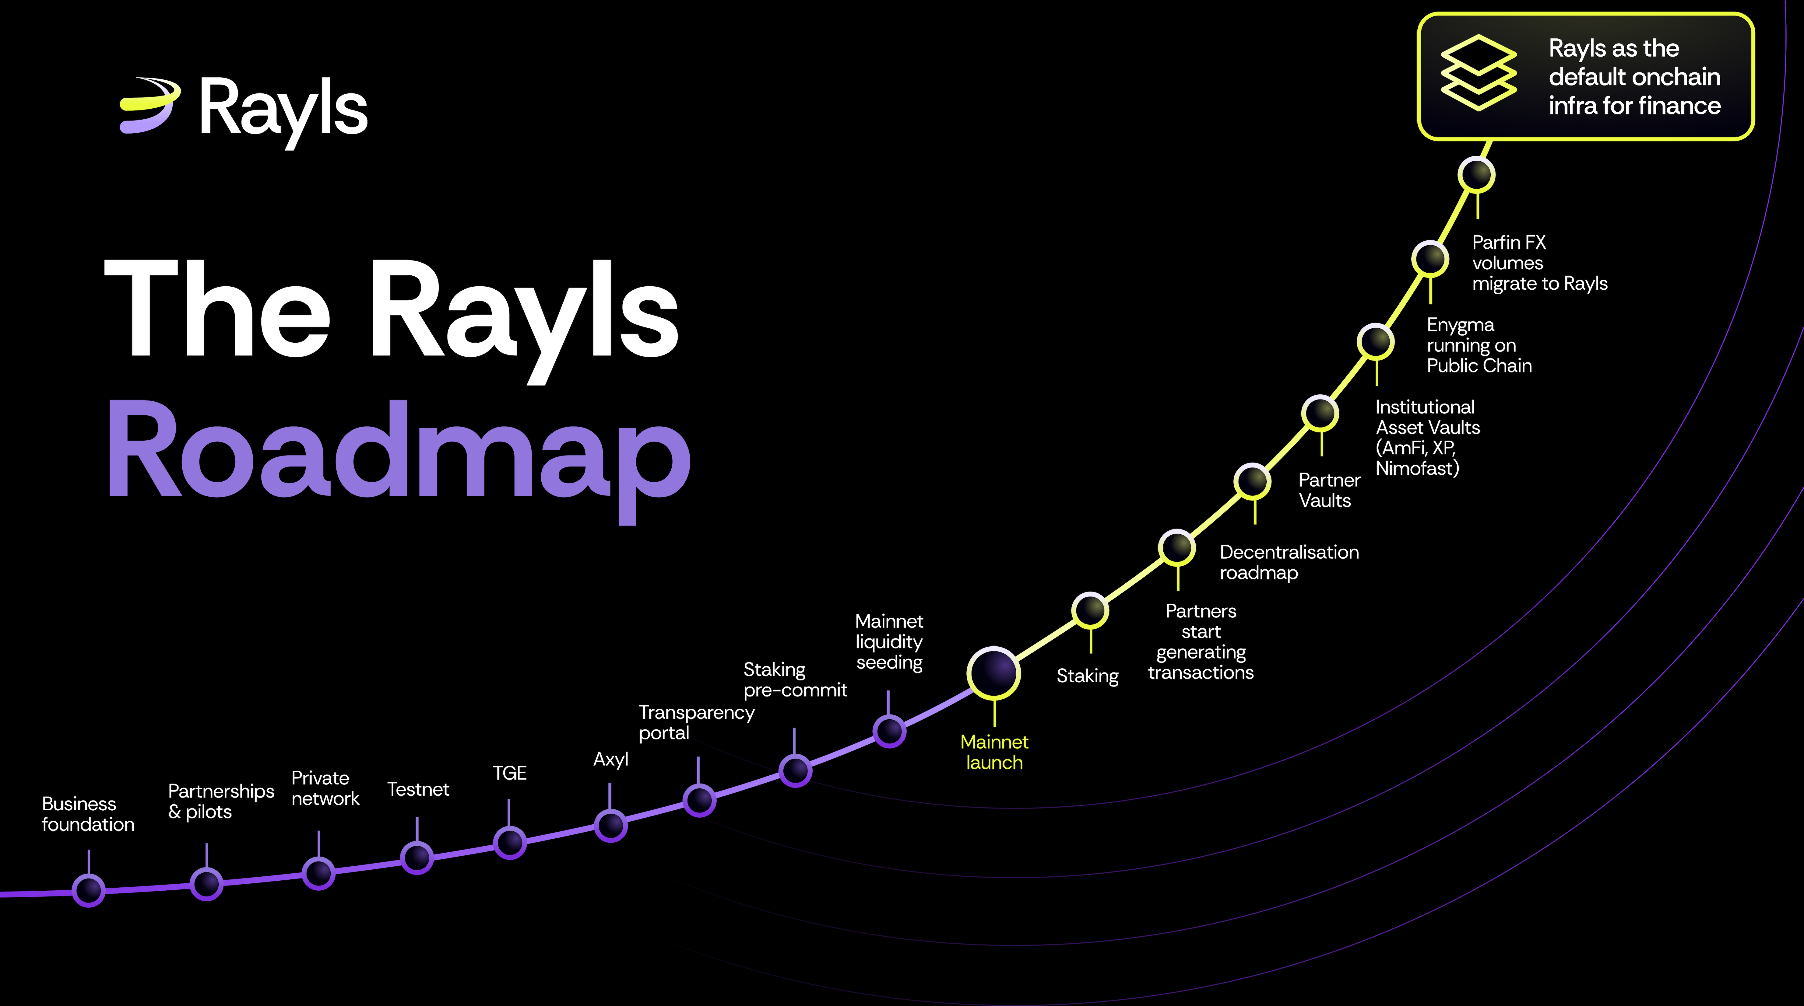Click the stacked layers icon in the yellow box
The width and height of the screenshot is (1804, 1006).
coord(1478,73)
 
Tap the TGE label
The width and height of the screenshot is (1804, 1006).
coord(509,773)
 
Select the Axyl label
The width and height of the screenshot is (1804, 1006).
coord(611,760)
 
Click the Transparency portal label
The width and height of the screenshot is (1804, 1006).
coord(696,722)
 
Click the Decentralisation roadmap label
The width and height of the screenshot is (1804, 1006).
coord(1289,562)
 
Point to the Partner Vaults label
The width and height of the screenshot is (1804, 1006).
coord(1328,490)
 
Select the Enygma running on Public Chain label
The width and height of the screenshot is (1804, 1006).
coord(1478,345)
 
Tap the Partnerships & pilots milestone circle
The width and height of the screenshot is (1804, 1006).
coord(207,883)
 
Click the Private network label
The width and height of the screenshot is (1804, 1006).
coord(325,788)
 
